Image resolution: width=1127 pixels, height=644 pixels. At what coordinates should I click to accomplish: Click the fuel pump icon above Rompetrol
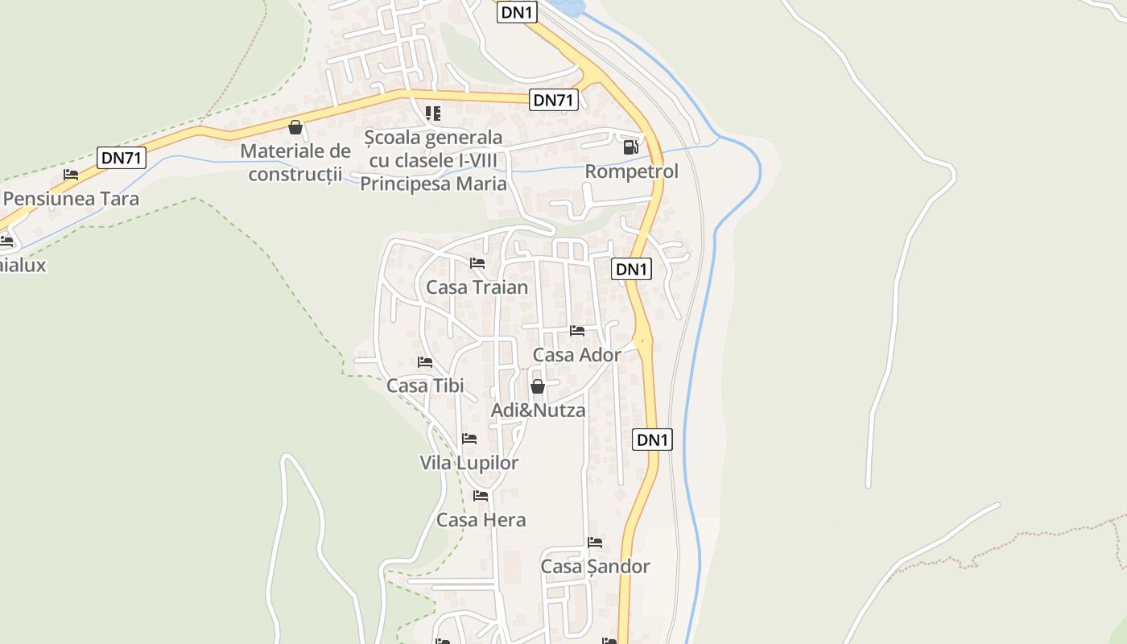point(631,147)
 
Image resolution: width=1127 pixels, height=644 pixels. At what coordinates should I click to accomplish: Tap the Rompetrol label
point(632,171)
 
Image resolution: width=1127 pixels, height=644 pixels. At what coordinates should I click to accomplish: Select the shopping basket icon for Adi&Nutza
point(538,386)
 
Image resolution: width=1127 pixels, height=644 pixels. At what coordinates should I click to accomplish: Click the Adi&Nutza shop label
point(539,411)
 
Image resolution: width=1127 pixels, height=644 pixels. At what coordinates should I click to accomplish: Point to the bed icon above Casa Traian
point(477,263)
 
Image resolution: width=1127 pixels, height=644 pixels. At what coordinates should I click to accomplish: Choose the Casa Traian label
point(477,287)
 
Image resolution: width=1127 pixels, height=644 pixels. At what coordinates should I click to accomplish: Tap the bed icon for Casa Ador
point(577,331)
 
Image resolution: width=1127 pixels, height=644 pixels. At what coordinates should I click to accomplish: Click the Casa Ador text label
point(577,355)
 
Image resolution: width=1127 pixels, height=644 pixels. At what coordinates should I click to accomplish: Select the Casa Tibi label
point(425,386)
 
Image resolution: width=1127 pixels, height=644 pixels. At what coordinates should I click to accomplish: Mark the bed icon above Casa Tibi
point(425,362)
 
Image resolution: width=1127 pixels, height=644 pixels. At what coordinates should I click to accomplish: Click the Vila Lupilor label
point(469,463)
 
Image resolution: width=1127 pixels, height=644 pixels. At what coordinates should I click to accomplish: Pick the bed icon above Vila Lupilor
point(469,439)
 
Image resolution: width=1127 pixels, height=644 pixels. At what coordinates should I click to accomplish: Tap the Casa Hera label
point(481,520)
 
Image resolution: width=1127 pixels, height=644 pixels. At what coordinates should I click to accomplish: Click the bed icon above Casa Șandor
point(595,543)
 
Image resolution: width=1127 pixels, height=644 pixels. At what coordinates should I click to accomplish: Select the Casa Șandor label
point(595,567)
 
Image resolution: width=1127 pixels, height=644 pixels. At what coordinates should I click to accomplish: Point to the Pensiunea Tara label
point(72,199)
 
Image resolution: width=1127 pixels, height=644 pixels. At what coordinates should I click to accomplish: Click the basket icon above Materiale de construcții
point(295,127)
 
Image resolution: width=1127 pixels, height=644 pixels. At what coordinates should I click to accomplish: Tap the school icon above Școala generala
point(433,114)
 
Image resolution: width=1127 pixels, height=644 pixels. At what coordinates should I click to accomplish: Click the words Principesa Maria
point(433,184)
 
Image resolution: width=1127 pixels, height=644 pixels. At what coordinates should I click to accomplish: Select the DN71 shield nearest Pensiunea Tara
point(122,158)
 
